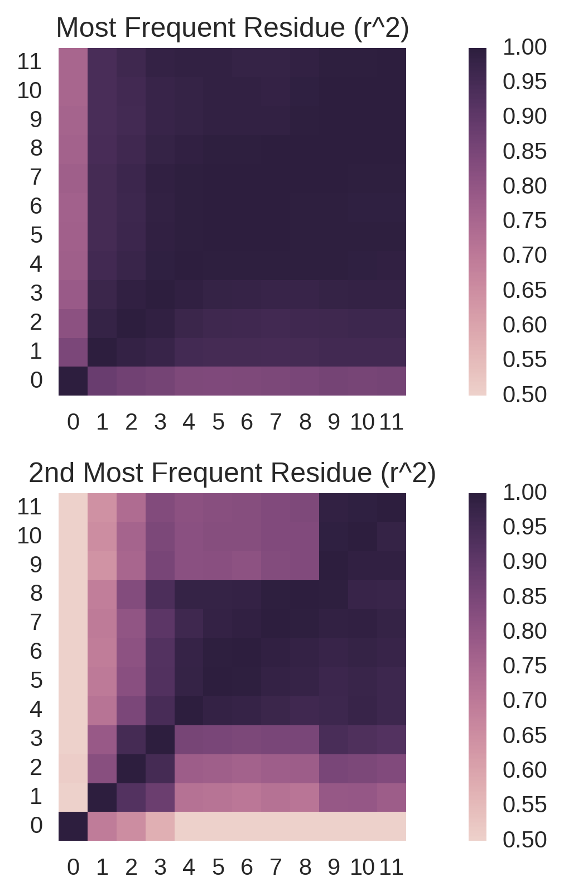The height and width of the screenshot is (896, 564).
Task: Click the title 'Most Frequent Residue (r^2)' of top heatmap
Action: [233, 28]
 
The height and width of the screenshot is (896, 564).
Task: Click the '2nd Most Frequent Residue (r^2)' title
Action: [232, 473]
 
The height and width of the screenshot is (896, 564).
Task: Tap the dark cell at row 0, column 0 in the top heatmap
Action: [73, 381]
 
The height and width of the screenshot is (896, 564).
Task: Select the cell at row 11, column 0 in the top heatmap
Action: [73, 62]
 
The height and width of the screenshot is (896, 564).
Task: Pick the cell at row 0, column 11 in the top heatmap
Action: [392, 381]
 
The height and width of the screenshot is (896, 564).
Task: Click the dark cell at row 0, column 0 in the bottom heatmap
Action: [73, 826]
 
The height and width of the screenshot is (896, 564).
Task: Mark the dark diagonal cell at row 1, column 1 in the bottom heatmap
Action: [102, 797]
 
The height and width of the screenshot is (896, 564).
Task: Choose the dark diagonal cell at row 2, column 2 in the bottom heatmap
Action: [131, 768]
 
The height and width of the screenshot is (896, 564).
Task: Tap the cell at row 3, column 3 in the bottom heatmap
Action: [160, 739]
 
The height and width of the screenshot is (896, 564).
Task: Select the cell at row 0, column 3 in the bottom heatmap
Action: [160, 826]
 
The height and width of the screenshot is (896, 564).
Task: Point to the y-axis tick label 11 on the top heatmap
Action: [30, 61]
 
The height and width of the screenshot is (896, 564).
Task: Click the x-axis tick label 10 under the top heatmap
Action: [362, 422]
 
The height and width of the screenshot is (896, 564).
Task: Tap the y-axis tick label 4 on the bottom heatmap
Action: [36, 709]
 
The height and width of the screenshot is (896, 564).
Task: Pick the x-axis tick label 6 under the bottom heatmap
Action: [247, 868]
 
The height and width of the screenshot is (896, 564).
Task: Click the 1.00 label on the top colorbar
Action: [524, 47]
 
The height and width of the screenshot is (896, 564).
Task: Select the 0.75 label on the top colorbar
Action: [524, 220]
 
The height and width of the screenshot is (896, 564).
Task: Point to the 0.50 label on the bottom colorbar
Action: [524, 839]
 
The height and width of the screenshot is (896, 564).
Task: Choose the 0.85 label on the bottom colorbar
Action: [524, 596]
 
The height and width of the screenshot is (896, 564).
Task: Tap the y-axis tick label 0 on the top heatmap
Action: [36, 380]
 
